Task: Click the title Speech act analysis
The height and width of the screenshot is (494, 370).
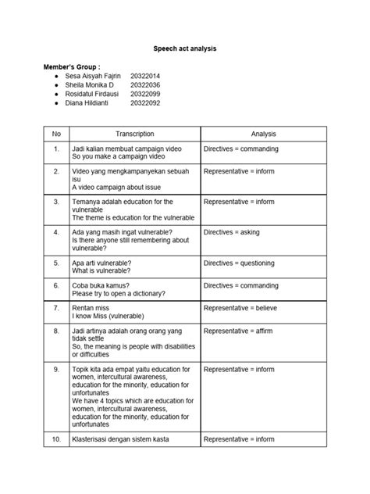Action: [x=184, y=48]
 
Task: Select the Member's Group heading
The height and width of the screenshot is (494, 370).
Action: [x=72, y=68]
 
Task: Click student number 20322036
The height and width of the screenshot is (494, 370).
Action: [x=145, y=85]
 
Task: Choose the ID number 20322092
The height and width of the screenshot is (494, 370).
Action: [x=145, y=103]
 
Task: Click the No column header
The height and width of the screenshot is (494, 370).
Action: [x=56, y=134]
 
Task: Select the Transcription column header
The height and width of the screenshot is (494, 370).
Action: [x=135, y=134]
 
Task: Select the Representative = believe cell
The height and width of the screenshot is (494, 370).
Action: [x=241, y=308]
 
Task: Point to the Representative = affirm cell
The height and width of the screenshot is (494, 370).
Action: [x=238, y=331]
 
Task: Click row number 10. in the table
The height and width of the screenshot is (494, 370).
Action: [x=56, y=439]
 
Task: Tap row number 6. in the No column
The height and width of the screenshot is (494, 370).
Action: [x=56, y=285]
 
